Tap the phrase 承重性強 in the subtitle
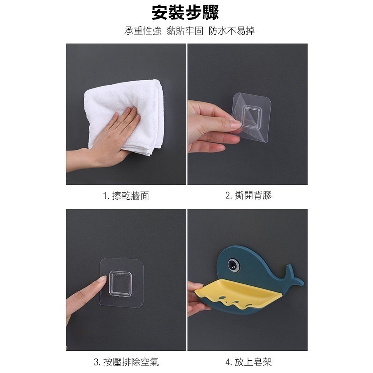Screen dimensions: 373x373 [x=143, y=31]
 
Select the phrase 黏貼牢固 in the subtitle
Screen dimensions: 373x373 [x=185, y=31]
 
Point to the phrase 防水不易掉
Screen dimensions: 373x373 [x=231, y=31]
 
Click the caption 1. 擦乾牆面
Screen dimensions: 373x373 [x=126, y=196]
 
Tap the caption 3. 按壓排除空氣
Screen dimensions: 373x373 [x=126, y=362]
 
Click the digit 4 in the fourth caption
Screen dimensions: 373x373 [x=228, y=362]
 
